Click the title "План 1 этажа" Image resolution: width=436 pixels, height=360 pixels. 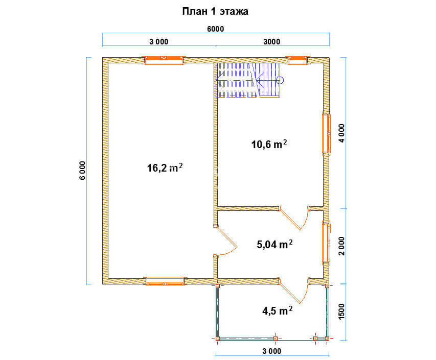(x=215, y=12)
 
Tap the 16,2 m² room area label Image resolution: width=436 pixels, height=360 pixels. (x=165, y=167)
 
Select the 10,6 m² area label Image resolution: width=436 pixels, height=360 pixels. (x=269, y=144)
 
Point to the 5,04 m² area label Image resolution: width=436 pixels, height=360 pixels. (x=274, y=244)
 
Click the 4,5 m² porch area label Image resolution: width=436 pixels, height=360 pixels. (x=277, y=310)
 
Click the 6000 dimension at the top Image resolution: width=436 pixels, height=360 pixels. (x=216, y=29)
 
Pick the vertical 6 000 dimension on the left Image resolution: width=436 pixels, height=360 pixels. (x=83, y=170)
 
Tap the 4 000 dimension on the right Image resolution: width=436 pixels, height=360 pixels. (x=341, y=133)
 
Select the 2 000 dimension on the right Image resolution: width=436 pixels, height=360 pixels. (x=341, y=246)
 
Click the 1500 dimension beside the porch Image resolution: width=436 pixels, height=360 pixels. (x=341, y=311)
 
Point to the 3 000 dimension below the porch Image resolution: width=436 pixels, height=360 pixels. (x=271, y=351)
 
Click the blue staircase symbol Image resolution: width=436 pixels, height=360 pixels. (x=249, y=80)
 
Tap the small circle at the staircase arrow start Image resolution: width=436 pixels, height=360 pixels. (x=280, y=80)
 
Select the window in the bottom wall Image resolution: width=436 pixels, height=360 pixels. (x=165, y=281)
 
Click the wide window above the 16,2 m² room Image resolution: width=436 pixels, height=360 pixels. (x=164, y=60)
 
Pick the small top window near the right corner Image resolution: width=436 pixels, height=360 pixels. (x=297, y=60)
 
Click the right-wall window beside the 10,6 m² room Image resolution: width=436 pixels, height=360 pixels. (x=327, y=133)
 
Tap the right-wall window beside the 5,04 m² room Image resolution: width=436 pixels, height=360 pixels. (x=327, y=243)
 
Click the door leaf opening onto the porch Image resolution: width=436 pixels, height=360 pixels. (x=290, y=292)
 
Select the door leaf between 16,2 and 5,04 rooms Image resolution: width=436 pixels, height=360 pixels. (x=226, y=237)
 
